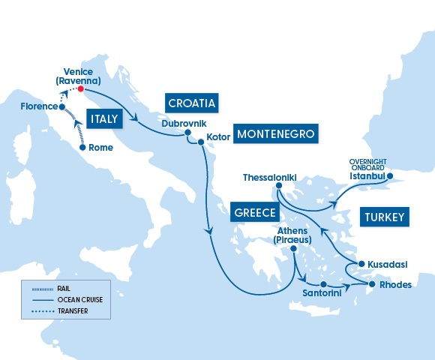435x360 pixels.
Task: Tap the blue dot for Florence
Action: pyautogui.click(x=62, y=106)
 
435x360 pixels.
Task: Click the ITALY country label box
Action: pyautogui.click(x=106, y=118)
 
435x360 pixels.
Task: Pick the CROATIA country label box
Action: pyautogui.click(x=192, y=103)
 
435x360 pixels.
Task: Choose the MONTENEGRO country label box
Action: pyautogui.click(x=276, y=134)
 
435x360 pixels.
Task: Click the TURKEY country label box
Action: pyautogui.click(x=385, y=217)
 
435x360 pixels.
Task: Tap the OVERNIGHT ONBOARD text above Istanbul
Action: pyautogui.click(x=367, y=164)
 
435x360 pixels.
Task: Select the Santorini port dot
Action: pyautogui.click(x=323, y=285)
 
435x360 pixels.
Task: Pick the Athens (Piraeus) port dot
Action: pyautogui.click(x=294, y=248)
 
